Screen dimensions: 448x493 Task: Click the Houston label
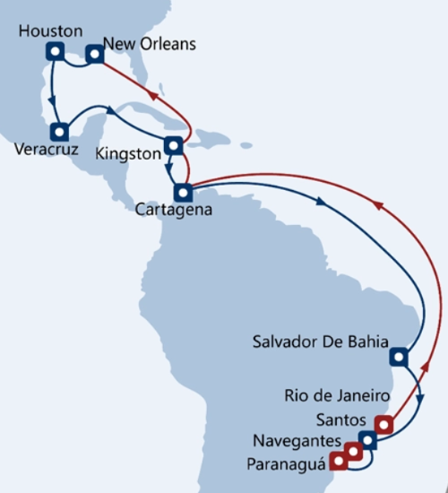[50, 31]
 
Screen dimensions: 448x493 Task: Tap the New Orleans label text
[150, 44]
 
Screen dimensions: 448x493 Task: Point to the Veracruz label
[47, 149]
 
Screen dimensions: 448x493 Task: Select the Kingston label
[128, 154]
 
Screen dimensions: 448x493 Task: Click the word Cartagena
[174, 210]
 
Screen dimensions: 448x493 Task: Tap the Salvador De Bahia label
[321, 342]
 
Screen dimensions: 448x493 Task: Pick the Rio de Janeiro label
[337, 395]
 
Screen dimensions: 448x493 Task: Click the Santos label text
[341, 420]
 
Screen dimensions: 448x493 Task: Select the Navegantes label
[297, 441]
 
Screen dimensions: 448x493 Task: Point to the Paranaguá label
[286, 464]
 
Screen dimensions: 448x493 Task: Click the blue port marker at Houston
[55, 51]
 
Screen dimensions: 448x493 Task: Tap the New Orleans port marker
[95, 54]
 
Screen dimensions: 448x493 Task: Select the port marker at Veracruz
[59, 132]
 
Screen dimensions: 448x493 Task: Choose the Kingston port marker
[174, 145]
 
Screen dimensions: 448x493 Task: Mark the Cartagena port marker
[183, 193]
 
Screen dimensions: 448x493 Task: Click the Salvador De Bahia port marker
[399, 357]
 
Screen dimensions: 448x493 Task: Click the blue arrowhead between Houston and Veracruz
[52, 101]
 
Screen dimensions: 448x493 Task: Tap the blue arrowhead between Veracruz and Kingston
[111, 110]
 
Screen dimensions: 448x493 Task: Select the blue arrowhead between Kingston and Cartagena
[168, 169]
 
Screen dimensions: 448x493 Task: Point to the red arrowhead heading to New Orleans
[153, 95]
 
